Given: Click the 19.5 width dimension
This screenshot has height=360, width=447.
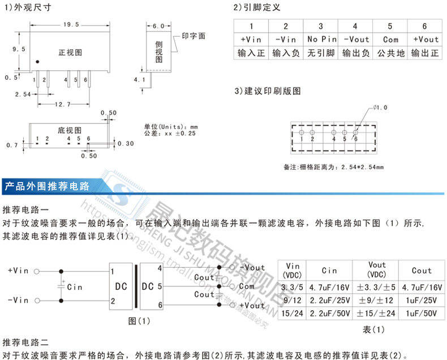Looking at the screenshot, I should point(71,25).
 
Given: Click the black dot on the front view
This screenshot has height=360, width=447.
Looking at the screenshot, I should point(37,61).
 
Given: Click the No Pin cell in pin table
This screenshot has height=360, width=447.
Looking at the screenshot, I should point(321,40).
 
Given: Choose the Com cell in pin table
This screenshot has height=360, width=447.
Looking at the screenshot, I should point(390,40).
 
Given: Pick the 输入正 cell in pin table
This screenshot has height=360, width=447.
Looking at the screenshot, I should point(251,53).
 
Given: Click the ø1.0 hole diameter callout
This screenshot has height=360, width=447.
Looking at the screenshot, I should point(382,107).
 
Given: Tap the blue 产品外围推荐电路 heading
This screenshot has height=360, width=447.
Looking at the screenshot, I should point(47,185).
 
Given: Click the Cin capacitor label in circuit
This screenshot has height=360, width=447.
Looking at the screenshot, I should point(75,287).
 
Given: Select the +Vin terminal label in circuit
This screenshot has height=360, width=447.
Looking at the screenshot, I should point(19,271).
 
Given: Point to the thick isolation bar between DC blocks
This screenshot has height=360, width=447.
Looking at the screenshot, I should point(136,287).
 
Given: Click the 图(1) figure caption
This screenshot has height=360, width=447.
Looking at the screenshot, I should point(139,321).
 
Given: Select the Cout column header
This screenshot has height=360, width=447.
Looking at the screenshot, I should point(421,271).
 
